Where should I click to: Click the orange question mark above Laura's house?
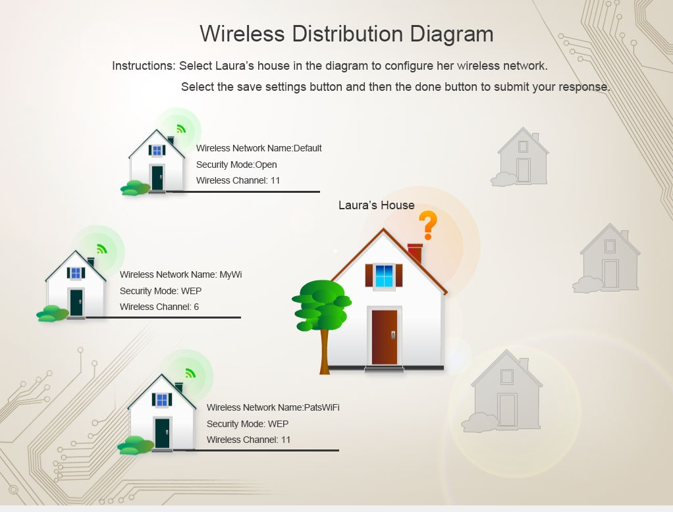coord(427,225)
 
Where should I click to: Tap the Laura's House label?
coord(377,205)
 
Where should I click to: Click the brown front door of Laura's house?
coord(384,338)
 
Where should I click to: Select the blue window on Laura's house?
coord(384,276)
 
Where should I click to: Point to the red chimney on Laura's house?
coord(415,253)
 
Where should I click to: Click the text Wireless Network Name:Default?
coord(259,148)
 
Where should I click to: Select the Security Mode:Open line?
coord(236,165)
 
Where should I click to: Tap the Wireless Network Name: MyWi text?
coord(180,274)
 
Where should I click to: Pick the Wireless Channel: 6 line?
coord(159,307)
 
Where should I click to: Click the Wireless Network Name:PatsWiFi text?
coord(273,407)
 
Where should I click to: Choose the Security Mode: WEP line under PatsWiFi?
coord(248,424)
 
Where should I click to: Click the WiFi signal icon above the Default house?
coord(181,128)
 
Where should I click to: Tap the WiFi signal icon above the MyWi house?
coord(101,249)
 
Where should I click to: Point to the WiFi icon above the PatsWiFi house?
coord(190,373)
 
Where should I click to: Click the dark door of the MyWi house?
coord(76,303)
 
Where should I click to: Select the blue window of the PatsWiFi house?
coord(162,400)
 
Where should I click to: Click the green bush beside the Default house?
coord(136,188)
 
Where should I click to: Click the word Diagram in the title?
coord(452,34)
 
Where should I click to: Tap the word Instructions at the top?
coord(144,66)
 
